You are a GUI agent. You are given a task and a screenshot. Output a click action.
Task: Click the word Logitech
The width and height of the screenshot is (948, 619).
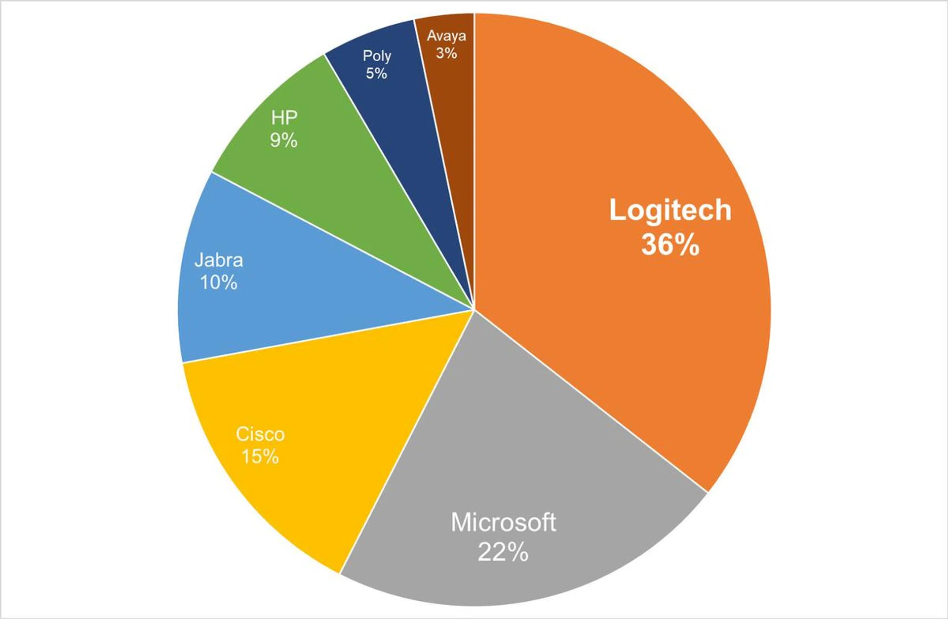[x=670, y=210]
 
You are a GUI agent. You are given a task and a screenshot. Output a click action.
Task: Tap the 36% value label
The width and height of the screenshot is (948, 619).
[x=670, y=244]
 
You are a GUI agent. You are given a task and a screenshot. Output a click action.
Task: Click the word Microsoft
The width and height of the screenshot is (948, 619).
[x=503, y=523]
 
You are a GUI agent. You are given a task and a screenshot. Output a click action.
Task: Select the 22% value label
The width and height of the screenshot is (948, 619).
[x=503, y=552]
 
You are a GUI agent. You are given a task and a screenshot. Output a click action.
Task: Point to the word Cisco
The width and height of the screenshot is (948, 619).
[x=260, y=434]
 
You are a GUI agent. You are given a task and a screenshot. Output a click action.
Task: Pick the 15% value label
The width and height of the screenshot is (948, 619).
[x=260, y=456]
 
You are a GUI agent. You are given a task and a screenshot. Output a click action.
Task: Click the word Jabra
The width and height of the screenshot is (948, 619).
[x=219, y=260]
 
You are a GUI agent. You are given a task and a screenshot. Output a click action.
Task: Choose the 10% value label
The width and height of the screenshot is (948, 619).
[x=219, y=283]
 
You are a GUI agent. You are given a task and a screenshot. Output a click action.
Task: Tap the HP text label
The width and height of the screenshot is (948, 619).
[x=284, y=118]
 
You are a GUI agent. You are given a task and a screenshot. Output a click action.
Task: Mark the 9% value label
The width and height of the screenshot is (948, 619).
[x=284, y=140]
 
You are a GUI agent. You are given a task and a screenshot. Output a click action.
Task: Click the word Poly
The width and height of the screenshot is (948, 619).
[x=377, y=56]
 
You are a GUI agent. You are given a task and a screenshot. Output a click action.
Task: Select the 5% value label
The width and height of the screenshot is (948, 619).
[x=376, y=74]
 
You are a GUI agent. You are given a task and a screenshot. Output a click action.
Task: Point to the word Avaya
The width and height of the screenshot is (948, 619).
[x=446, y=36]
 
